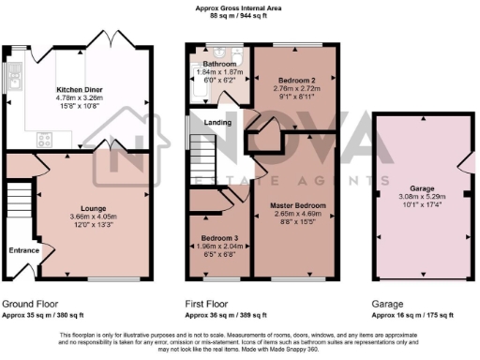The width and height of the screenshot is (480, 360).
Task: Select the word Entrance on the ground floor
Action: click(x=24, y=250)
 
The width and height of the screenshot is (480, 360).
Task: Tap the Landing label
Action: click(x=219, y=121)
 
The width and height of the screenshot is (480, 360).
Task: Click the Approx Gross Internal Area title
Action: click(x=239, y=7)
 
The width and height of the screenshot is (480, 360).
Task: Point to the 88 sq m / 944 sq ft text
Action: click(x=239, y=16)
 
